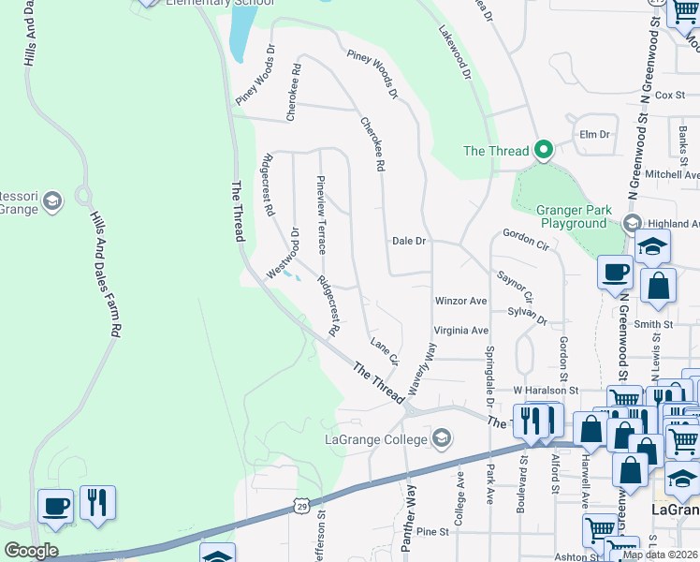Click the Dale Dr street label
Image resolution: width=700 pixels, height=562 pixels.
409,241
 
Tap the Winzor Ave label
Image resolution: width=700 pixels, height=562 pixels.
460,302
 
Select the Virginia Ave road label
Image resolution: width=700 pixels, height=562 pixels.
461,331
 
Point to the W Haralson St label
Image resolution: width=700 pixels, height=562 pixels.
546,390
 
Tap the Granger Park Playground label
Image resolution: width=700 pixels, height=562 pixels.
572,217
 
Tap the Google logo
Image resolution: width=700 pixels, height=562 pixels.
30,551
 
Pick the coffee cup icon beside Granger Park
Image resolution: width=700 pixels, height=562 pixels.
615,272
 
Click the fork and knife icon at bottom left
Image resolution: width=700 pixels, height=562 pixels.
97,504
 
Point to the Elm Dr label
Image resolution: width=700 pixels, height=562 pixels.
595,134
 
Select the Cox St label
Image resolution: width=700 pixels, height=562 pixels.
670,95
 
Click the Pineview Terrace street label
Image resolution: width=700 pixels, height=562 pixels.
321,214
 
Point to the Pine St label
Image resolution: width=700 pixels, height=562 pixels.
433,532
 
